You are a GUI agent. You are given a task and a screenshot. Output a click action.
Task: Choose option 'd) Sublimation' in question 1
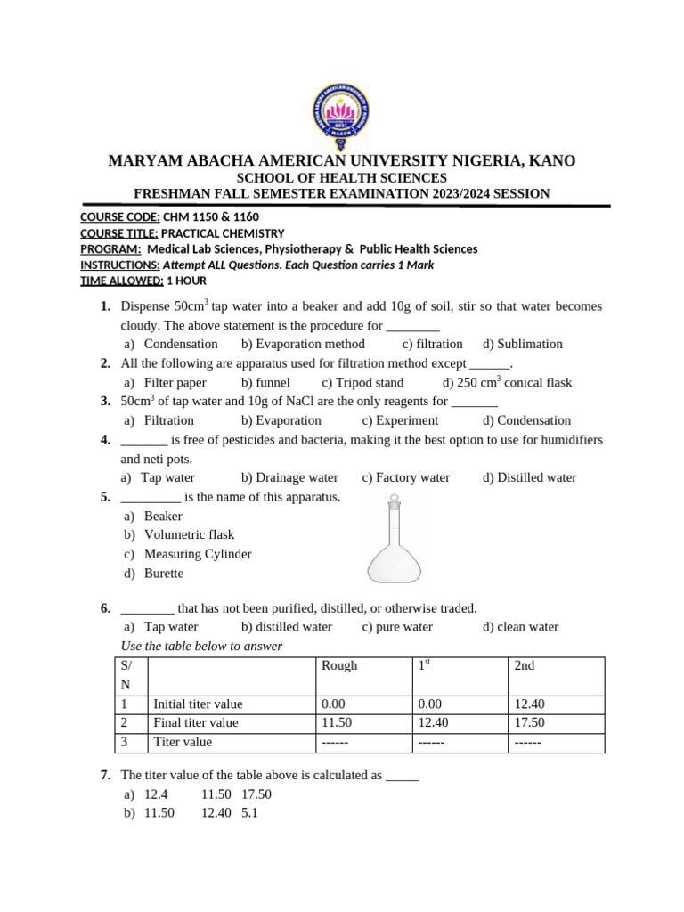(x=523, y=344)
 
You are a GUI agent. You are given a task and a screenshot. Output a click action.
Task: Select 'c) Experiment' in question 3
(x=401, y=420)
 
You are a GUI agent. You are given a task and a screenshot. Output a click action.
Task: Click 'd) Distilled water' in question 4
(x=530, y=477)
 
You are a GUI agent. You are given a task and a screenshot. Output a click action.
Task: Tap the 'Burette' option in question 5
(x=164, y=574)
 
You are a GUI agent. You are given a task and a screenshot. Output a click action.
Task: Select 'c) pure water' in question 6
(x=397, y=626)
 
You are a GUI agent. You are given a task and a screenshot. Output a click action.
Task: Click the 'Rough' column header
(x=339, y=666)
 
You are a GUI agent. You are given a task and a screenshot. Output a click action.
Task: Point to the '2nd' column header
(x=525, y=666)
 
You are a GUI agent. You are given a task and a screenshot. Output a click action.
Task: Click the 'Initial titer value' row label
(x=198, y=704)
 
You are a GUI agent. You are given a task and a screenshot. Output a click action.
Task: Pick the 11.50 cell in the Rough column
(x=334, y=722)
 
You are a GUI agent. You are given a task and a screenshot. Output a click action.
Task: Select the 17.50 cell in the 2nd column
(x=529, y=722)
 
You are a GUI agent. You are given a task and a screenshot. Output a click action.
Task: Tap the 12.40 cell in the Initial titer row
(x=529, y=704)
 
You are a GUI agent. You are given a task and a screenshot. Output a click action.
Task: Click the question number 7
(x=105, y=775)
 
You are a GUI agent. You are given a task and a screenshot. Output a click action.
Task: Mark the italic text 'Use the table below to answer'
(x=201, y=646)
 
